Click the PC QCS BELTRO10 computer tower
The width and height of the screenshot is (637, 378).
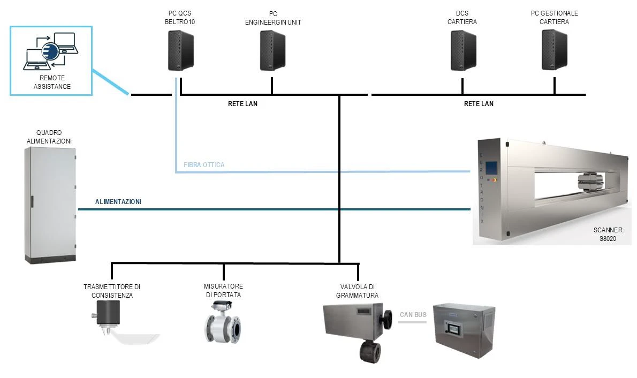(181, 50)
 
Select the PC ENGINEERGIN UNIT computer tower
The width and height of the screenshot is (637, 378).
(272, 50)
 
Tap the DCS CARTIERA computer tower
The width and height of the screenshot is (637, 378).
(462, 50)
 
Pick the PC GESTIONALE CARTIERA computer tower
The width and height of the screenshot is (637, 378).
(554, 50)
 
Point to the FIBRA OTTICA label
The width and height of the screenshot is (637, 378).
(204, 165)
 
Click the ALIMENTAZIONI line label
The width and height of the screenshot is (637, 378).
(118, 202)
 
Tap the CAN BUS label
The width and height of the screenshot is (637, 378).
(413, 314)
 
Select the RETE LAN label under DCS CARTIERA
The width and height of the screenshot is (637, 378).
(479, 104)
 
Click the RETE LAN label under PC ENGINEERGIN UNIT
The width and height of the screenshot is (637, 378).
(242, 104)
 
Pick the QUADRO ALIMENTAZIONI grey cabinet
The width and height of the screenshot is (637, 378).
(50, 205)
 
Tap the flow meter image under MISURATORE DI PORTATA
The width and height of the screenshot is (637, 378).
(222, 322)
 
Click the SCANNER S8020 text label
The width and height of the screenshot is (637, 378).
(608, 235)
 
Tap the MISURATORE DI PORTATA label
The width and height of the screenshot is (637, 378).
(223, 291)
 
